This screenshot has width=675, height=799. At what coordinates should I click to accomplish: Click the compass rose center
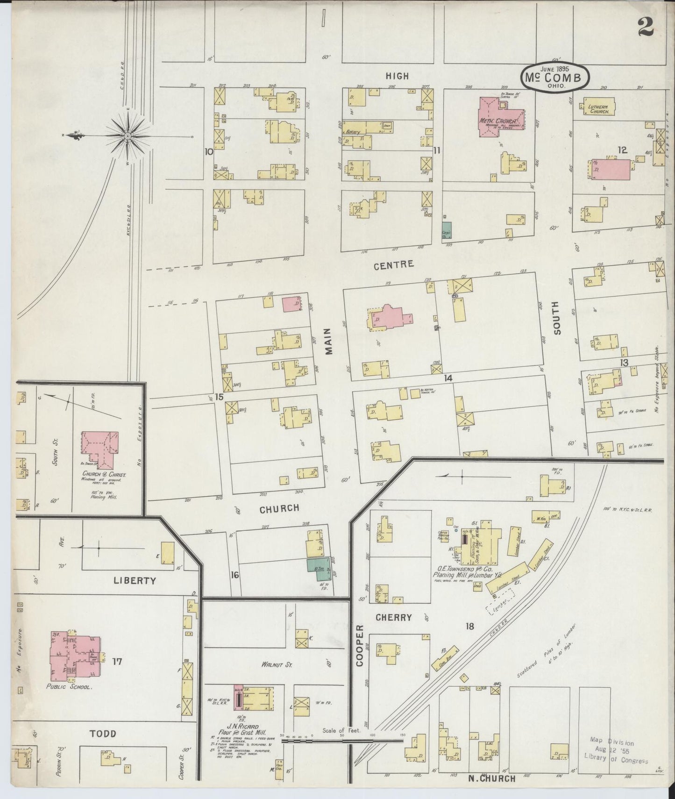127,136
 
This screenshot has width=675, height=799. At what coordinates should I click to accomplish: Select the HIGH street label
398,76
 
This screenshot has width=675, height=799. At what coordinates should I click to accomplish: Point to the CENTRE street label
394,264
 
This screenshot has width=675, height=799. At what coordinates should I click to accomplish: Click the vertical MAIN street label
328,341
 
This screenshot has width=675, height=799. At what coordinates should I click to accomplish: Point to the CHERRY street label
394,617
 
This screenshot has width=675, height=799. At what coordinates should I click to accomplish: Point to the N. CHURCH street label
492,778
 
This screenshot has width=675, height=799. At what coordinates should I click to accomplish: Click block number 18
469,626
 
